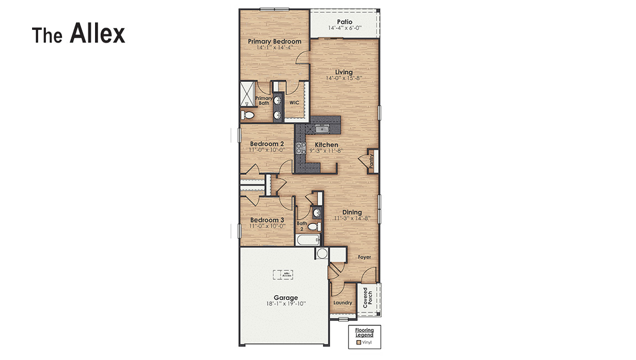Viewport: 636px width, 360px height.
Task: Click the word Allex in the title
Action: [x=97, y=34]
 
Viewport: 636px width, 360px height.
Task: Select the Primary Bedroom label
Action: [x=274, y=41]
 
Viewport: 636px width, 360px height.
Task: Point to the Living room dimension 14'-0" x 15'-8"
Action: [x=344, y=79]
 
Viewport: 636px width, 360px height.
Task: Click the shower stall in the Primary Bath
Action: [x=247, y=94]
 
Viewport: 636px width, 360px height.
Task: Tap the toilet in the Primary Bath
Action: [x=248, y=115]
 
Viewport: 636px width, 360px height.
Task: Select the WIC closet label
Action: [x=294, y=102]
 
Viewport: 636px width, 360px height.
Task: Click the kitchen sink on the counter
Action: [x=322, y=129]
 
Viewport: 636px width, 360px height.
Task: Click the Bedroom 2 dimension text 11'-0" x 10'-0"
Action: [x=267, y=150]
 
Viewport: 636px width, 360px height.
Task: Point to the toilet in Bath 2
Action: [x=314, y=227]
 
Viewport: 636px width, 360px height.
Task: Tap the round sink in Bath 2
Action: [x=317, y=212]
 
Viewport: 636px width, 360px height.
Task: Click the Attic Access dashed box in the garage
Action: [x=285, y=274]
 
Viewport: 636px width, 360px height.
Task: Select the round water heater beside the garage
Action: [x=322, y=254]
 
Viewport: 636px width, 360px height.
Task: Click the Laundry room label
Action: [x=343, y=302]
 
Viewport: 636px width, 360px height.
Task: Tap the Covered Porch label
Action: [x=368, y=298]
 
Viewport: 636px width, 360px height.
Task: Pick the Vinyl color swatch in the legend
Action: [x=358, y=343]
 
